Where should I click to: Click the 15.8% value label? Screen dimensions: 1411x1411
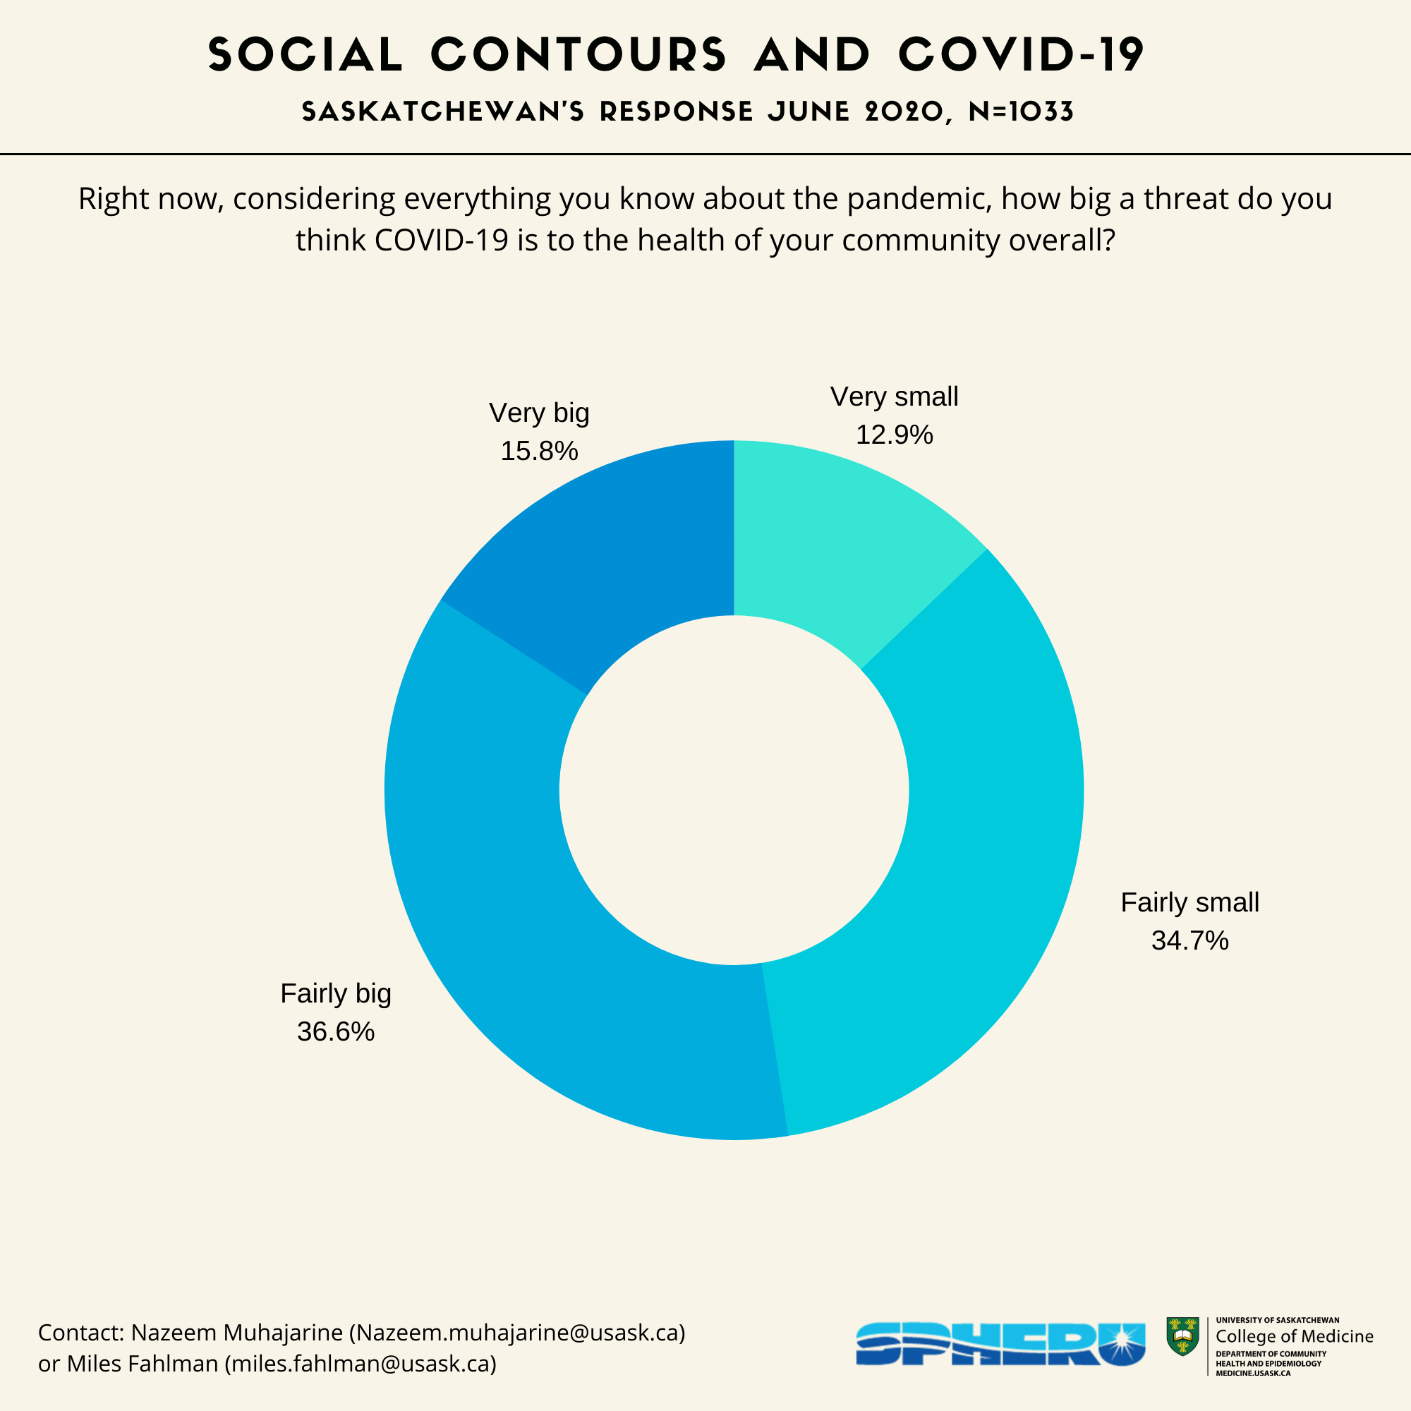coord(539,452)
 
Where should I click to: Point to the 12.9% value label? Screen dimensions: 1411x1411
coord(894,435)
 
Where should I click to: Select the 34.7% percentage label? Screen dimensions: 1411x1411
coord(1189,940)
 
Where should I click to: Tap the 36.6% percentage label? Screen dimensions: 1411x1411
coord(336,1032)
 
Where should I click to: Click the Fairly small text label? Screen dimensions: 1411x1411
coord(1189,903)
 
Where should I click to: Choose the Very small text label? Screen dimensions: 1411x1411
coord(894,397)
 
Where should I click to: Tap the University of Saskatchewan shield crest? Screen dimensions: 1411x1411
coord(1182,1337)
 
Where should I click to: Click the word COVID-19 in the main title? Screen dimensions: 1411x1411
coord(1021,55)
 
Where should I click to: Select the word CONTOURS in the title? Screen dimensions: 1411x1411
coord(579,55)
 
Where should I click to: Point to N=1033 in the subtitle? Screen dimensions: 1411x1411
coord(1021,112)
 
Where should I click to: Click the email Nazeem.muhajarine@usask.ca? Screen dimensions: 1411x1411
coord(518,1333)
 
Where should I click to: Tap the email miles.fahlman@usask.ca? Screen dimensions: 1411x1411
coord(360,1364)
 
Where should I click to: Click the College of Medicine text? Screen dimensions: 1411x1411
coord(1294,1336)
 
